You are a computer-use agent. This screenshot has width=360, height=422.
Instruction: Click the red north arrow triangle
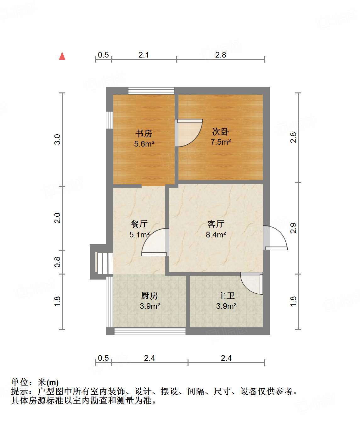(x=62, y=56)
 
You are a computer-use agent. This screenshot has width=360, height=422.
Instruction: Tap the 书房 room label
(x=144, y=133)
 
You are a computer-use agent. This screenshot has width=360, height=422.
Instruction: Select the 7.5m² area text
(x=221, y=142)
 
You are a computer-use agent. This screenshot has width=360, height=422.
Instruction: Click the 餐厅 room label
(x=139, y=224)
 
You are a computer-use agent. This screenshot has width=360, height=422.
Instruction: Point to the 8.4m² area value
(x=216, y=235)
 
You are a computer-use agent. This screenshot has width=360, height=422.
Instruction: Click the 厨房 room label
(x=149, y=296)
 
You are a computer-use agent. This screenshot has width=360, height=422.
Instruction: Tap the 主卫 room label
(x=226, y=296)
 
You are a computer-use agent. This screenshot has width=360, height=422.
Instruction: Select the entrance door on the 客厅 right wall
(x=275, y=238)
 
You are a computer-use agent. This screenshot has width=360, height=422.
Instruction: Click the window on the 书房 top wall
(x=151, y=91)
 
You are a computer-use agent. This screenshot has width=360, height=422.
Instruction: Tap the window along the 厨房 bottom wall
(x=150, y=331)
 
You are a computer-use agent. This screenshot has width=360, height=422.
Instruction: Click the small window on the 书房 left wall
(x=109, y=120)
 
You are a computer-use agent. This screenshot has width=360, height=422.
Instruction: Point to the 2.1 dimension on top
(x=143, y=55)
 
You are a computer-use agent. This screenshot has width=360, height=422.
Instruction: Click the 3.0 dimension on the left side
(x=57, y=139)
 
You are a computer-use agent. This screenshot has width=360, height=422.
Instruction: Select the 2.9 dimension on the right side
(x=293, y=228)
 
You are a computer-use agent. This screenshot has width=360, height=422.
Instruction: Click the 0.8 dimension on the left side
(x=57, y=262)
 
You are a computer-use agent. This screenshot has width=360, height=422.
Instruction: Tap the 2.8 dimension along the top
(x=221, y=55)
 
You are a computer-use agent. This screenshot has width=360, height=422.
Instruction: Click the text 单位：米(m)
(x=35, y=382)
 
